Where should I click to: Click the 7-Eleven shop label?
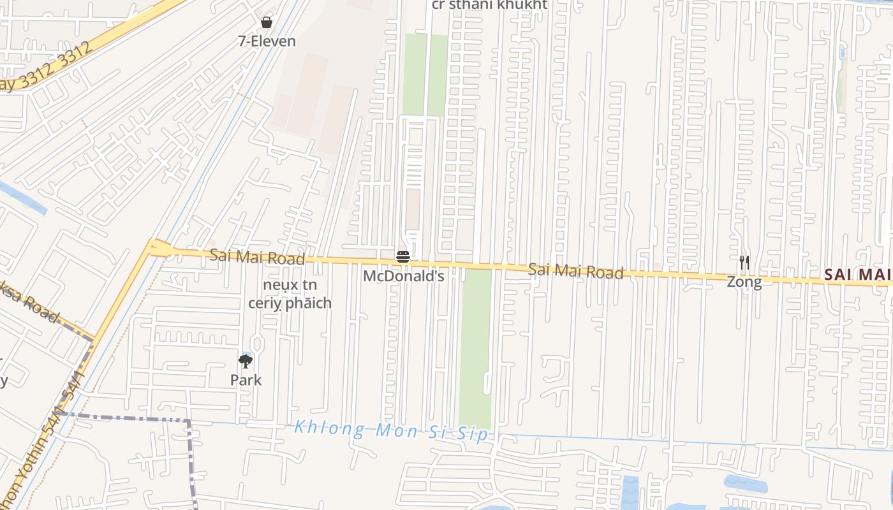click(x=267, y=41)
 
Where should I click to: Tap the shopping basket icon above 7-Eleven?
click(x=267, y=22)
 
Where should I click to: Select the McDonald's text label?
click(x=403, y=276)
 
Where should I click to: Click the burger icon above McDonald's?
click(x=403, y=257)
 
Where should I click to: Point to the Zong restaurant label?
click(x=744, y=282)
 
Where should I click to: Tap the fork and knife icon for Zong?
click(x=744, y=262)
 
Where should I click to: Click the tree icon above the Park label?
click(x=246, y=361)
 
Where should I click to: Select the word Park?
click(x=246, y=380)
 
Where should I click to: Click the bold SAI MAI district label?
click(x=857, y=275)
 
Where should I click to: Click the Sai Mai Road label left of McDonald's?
click(x=257, y=257)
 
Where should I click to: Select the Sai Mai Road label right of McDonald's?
click(x=575, y=271)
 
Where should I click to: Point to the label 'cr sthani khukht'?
click(x=489, y=5)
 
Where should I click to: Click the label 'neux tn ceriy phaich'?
click(x=290, y=294)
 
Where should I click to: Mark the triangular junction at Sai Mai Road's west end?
click(x=158, y=248)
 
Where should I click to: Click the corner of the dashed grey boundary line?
click(x=189, y=421)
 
